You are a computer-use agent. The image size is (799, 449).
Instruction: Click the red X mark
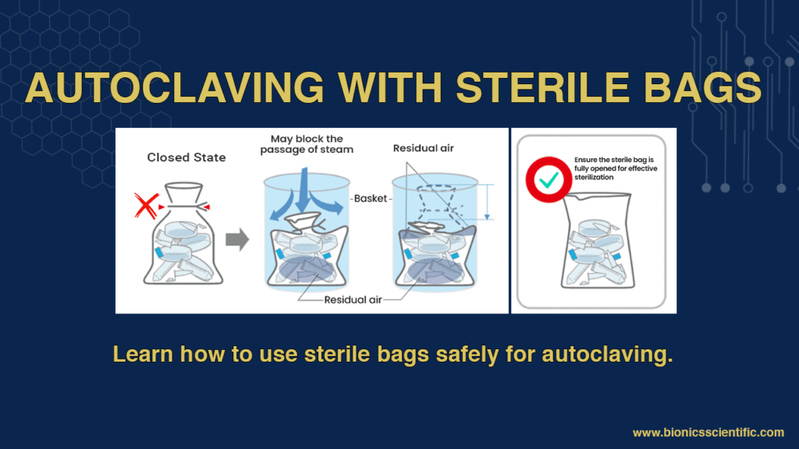(146, 206)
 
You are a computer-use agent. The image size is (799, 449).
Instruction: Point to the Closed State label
(186, 157)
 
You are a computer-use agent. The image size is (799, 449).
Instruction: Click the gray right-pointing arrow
(237, 240)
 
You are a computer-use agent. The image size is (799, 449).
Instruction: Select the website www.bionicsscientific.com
(708, 432)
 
